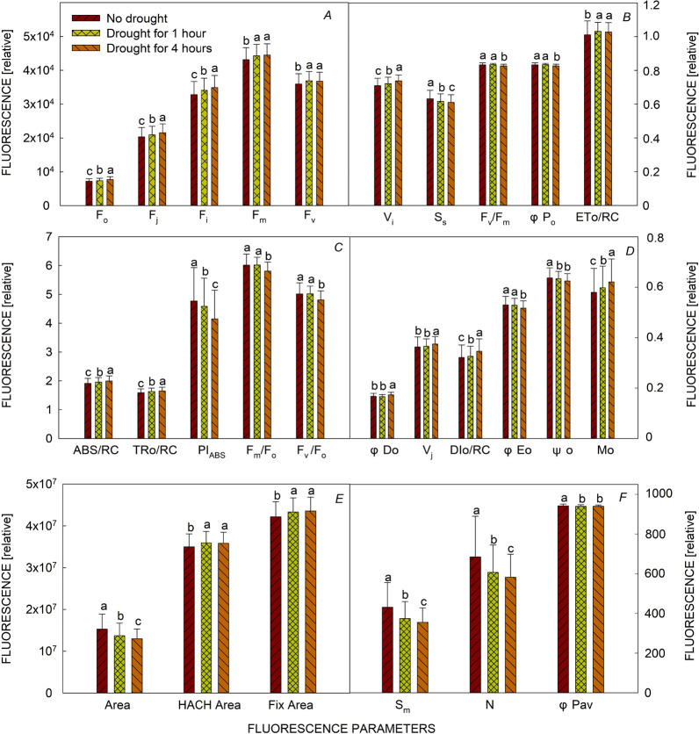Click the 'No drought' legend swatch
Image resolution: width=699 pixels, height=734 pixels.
point(86,18)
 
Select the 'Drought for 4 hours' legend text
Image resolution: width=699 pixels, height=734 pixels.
point(159,48)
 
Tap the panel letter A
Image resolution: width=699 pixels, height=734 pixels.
point(328,16)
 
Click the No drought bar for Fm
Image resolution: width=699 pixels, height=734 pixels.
point(246,133)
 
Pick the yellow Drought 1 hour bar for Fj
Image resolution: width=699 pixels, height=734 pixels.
point(151,170)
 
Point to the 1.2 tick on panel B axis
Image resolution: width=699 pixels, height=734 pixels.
point(652,5)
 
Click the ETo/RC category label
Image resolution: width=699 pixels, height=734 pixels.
point(597,217)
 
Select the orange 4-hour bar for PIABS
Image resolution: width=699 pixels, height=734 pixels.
point(215,378)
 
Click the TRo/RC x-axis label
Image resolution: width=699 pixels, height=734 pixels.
point(155,450)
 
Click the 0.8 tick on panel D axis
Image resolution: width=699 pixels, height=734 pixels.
point(654,238)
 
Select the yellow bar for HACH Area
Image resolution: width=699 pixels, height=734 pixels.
point(206,618)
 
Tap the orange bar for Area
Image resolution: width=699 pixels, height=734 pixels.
point(137,666)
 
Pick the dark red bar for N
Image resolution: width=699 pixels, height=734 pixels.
point(475,625)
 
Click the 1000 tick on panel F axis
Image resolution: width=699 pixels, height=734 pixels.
point(659,493)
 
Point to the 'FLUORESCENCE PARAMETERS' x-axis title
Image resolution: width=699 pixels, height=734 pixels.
point(342,728)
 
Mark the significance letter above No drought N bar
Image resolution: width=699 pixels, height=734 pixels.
point(477,510)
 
